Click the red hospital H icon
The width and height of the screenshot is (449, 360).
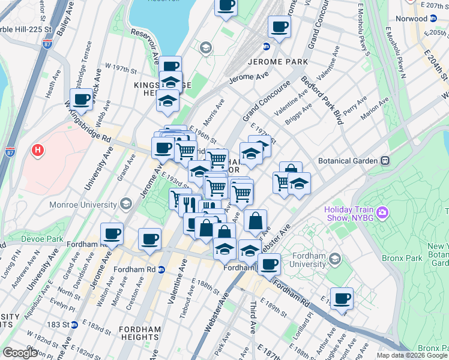pyautogui.click(x=38, y=149)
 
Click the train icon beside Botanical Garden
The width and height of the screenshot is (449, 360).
pyautogui.click(x=384, y=161)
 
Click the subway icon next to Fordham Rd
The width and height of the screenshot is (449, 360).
pyautogui.click(x=161, y=269)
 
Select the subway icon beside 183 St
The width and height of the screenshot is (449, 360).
pyautogui.click(x=74, y=325)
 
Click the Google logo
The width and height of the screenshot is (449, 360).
pyautogui.click(x=20, y=353)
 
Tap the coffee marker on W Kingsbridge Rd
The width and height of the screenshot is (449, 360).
pyautogui.click(x=81, y=100)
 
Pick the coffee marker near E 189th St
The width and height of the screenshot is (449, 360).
pyautogui.click(x=342, y=298)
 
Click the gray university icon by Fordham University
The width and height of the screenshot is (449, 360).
pyautogui.click(x=335, y=259)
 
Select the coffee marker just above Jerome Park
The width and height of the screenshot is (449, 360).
pyautogui.click(x=280, y=26)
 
